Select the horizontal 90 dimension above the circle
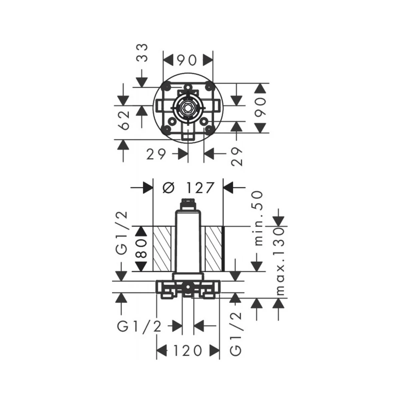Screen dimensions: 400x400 [187, 60]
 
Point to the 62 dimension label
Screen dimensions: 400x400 [125, 120]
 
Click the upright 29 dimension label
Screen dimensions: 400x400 [156, 154]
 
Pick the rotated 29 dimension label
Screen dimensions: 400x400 [237, 157]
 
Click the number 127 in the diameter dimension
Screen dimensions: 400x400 [200, 188]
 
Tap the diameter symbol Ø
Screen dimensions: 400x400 [168, 188]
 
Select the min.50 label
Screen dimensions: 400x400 [258, 218]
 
